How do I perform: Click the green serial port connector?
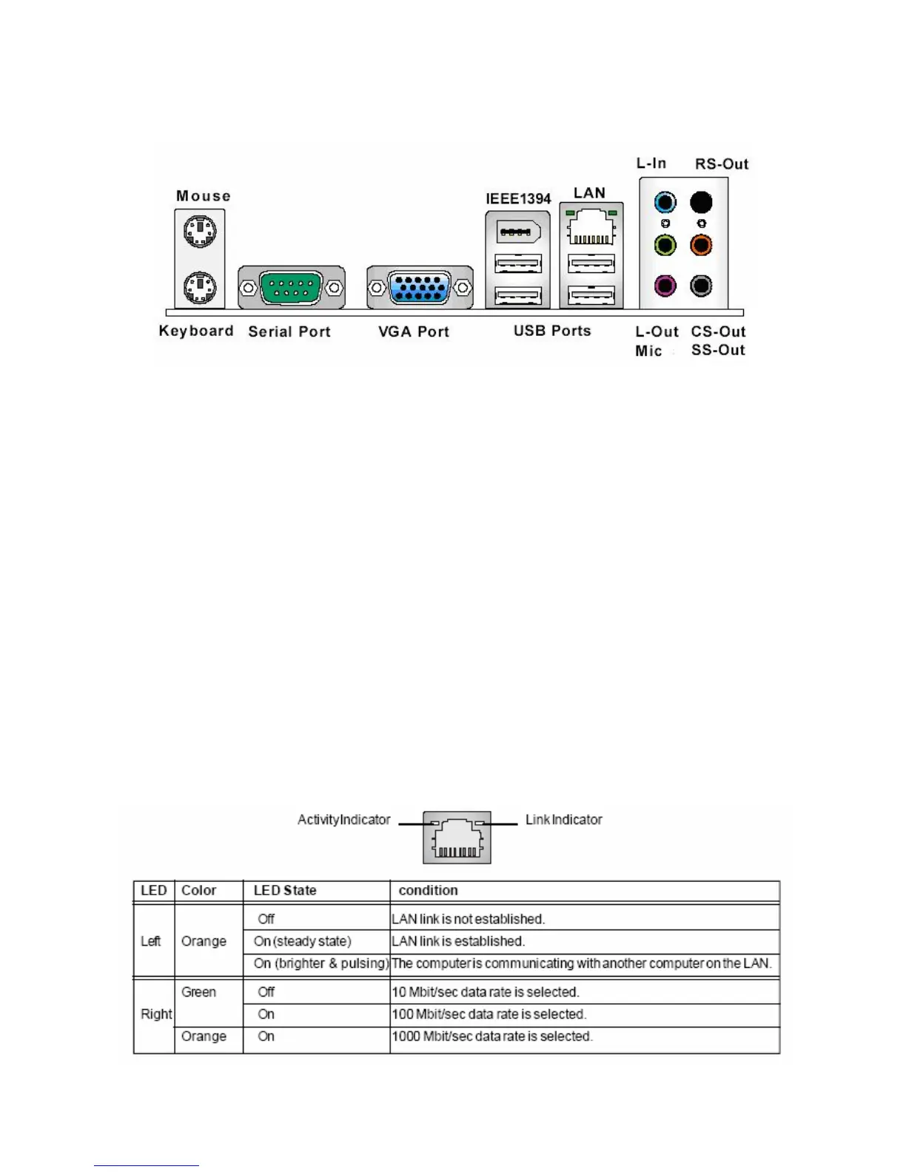(x=291, y=287)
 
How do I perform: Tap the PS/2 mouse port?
(x=200, y=232)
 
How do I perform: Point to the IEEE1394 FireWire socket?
(x=517, y=232)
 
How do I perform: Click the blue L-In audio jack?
(x=665, y=202)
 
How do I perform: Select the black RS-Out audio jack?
(x=701, y=202)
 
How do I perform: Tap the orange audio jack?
(x=701, y=245)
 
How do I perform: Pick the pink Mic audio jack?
(x=665, y=286)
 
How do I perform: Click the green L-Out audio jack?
(x=665, y=245)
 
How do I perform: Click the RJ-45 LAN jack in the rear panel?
(x=591, y=227)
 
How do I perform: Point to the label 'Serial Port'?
(x=289, y=331)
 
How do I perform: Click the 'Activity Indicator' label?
(x=343, y=820)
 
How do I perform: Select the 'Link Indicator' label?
(x=563, y=820)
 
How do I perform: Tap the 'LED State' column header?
(x=285, y=890)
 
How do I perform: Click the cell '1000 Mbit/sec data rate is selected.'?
(x=492, y=1037)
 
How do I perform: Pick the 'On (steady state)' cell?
(x=302, y=941)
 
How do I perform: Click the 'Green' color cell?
(x=198, y=992)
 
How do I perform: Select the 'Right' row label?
(x=155, y=1014)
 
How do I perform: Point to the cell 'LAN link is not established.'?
(x=468, y=919)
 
